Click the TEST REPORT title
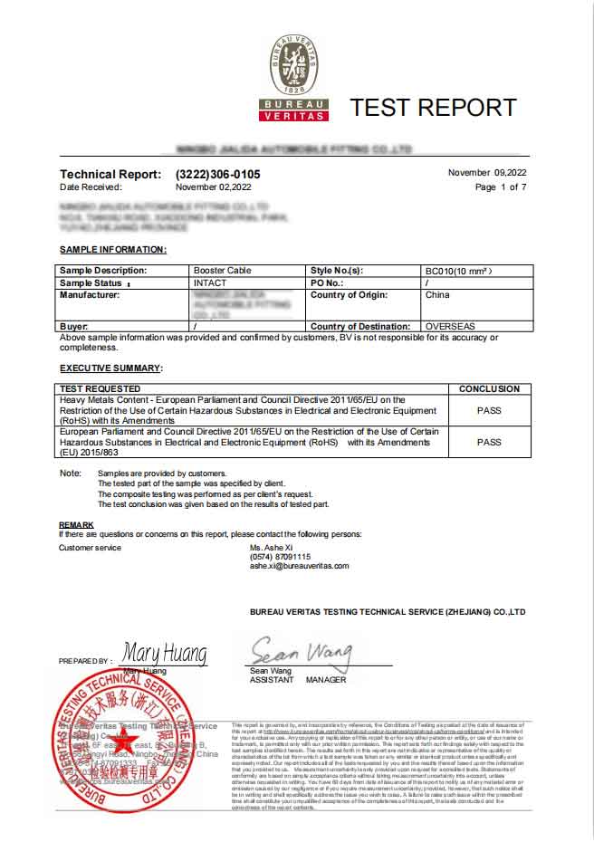point(433,107)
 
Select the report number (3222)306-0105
point(217,174)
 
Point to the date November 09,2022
point(487,172)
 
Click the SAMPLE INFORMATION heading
point(112,249)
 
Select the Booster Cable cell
point(222,271)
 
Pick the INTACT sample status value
point(210,282)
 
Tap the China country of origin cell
point(437,294)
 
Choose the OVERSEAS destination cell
point(450,326)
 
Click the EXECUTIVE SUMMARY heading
point(110,368)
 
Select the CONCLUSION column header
point(489,389)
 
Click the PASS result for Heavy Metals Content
point(489,410)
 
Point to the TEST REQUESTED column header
point(101,389)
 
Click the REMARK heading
point(76,525)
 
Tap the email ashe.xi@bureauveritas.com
point(299,566)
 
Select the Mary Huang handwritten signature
point(165,653)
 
